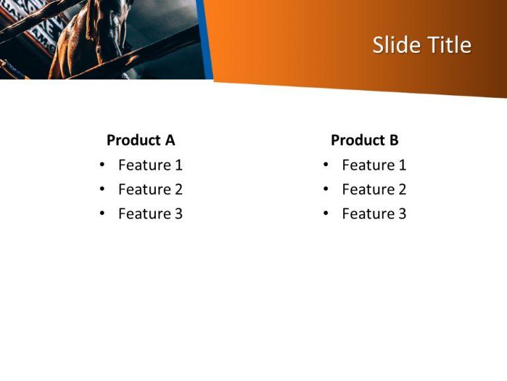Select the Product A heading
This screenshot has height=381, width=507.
pyautogui.click(x=141, y=140)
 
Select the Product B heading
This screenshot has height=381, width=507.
pyautogui.click(x=364, y=140)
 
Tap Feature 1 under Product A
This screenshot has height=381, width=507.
pyautogui.click(x=150, y=165)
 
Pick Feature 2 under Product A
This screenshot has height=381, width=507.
pyautogui.click(x=150, y=189)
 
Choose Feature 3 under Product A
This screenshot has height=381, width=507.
pyautogui.click(x=150, y=214)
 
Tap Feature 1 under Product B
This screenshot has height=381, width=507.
pyautogui.click(x=374, y=165)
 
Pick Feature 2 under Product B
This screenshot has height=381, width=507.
pyautogui.click(x=374, y=189)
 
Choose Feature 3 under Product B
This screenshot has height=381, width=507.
pyautogui.click(x=374, y=214)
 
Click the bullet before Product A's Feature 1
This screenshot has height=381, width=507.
pyautogui.click(x=102, y=165)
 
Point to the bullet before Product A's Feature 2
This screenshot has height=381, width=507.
pyautogui.click(x=102, y=189)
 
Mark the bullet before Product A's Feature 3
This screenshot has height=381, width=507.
pyautogui.click(x=102, y=214)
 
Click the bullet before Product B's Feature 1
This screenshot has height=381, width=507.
pyautogui.click(x=325, y=165)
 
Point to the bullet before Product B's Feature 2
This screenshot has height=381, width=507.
pyautogui.click(x=325, y=189)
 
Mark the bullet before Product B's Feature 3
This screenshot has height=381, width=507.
pyautogui.click(x=325, y=214)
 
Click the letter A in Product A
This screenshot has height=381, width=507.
pyautogui.click(x=170, y=140)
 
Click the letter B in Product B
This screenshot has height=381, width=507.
pyautogui.click(x=393, y=140)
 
